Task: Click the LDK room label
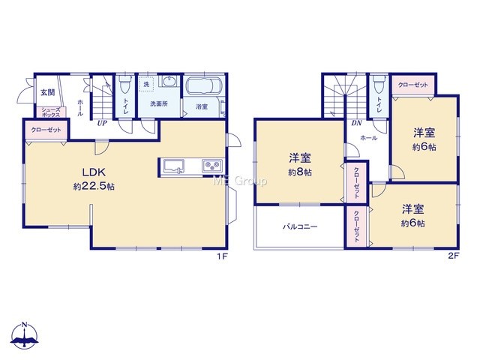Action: (x=94, y=172)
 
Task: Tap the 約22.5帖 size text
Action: (x=94, y=187)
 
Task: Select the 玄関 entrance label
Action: (x=47, y=92)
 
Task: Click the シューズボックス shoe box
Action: (x=51, y=112)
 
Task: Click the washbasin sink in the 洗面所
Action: (x=169, y=82)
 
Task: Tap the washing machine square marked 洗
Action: (x=147, y=84)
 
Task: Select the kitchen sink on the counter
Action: (x=173, y=166)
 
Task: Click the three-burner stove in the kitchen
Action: (x=212, y=166)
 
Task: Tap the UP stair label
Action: (x=102, y=123)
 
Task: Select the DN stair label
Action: (x=356, y=123)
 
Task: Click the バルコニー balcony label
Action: (x=300, y=226)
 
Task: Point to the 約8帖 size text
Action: (x=300, y=172)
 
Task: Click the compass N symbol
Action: (x=25, y=335)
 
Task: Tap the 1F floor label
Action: (x=222, y=256)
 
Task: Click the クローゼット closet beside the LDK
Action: (x=46, y=130)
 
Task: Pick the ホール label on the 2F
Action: (x=368, y=138)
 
